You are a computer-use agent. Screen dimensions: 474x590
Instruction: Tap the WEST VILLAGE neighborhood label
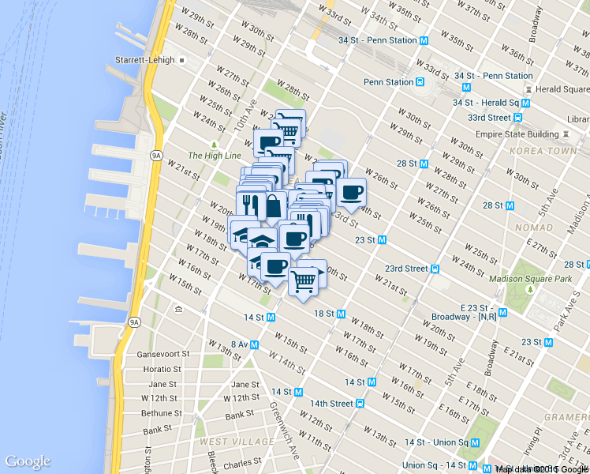(x=237, y=441)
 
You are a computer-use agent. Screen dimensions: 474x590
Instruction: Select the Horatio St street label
(x=162, y=369)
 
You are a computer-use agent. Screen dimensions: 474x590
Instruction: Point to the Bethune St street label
(x=162, y=413)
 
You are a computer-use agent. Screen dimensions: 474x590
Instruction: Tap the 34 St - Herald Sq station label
(x=486, y=103)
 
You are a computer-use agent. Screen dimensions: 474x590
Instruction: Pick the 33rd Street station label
(x=489, y=118)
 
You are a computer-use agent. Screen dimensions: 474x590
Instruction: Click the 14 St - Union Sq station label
(x=436, y=442)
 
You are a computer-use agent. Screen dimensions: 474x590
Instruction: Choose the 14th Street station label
(x=330, y=403)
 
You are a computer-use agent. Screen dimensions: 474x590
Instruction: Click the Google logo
(x=28, y=462)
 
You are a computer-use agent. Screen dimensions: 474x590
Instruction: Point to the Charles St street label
(x=242, y=463)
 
